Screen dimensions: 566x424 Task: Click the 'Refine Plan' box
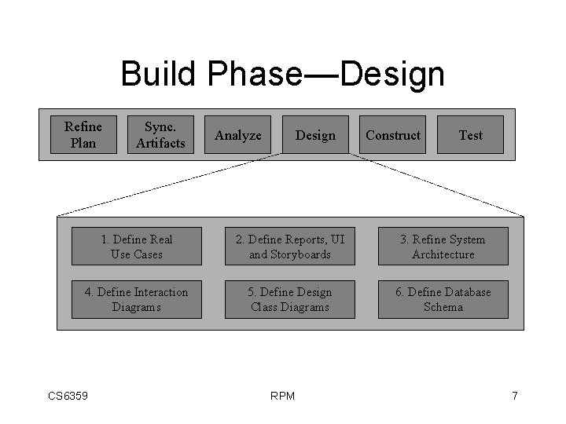(83, 134)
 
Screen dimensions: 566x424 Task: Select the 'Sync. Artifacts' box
(160, 134)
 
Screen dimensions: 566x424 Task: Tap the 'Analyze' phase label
(238, 135)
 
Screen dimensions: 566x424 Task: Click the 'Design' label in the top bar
(315, 135)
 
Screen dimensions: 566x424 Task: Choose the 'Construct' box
(393, 135)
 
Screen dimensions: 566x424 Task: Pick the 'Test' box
(470, 135)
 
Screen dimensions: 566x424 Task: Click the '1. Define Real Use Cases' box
(137, 247)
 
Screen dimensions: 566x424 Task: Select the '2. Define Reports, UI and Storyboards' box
(290, 247)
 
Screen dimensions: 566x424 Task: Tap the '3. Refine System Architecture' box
(443, 247)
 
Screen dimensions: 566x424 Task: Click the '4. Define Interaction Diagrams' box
(137, 299)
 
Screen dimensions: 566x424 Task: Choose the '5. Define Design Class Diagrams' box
(290, 299)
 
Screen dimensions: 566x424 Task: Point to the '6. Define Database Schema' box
(443, 299)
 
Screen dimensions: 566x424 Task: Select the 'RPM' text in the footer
(282, 396)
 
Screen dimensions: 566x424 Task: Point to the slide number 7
(514, 396)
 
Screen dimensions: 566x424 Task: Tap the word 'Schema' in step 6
(443, 307)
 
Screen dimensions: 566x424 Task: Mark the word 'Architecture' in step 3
(443, 254)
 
